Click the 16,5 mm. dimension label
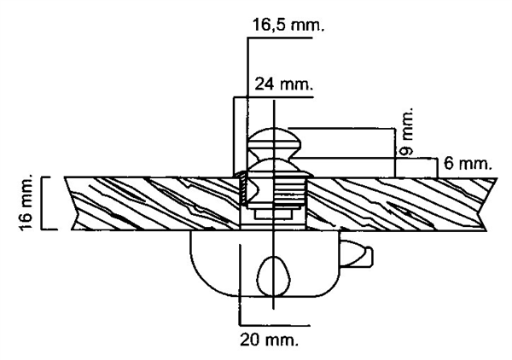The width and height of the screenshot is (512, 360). (288, 25)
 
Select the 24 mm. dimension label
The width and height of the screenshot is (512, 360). (284, 84)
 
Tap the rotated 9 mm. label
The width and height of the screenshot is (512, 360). (406, 131)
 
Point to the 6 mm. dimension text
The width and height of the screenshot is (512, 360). (468, 164)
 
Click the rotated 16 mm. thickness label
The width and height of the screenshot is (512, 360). (26, 202)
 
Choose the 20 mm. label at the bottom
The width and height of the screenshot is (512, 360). (270, 340)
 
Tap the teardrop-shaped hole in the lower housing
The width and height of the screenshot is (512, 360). (274, 276)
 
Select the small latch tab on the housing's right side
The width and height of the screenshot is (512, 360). (356, 254)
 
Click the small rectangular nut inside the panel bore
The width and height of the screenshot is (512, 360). (273, 214)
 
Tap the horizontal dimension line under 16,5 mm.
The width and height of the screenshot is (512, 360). (280, 38)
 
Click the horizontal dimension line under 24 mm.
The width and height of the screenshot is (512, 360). (273, 97)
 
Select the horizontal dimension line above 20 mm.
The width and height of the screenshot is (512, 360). (274, 325)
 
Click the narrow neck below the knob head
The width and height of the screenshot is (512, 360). (275, 154)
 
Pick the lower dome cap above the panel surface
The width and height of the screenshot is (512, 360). (274, 168)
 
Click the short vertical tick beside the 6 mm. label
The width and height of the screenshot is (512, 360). (437, 168)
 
